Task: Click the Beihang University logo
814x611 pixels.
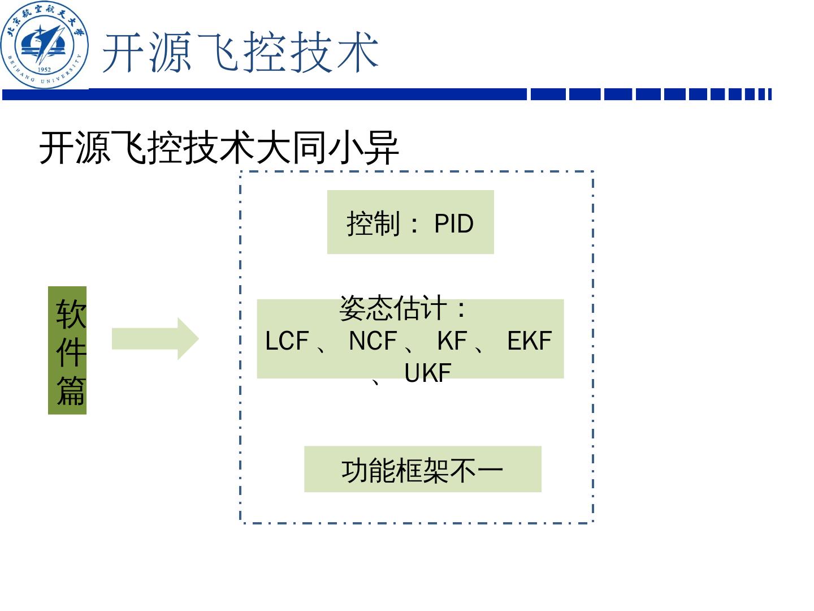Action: click(45, 45)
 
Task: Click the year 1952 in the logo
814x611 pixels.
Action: click(44, 70)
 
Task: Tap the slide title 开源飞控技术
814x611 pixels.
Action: click(240, 53)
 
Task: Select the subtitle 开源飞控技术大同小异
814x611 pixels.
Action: click(219, 148)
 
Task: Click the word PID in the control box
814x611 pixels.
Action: click(453, 223)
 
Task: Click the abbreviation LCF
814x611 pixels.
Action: click(287, 341)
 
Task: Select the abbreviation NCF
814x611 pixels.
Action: click(373, 341)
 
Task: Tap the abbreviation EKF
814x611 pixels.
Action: click(529, 341)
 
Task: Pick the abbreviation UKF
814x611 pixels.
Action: click(428, 373)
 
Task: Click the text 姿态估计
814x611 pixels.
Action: click(393, 309)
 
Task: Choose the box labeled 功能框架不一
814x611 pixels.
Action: click(422, 470)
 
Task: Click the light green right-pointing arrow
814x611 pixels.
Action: click(155, 339)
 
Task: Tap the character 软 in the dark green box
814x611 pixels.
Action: click(71, 314)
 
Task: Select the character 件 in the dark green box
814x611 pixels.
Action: click(71, 352)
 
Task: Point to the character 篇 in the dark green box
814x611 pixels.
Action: click(71, 390)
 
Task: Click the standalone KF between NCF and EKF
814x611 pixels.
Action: click(452, 341)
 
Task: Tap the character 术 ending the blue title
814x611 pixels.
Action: click(357, 53)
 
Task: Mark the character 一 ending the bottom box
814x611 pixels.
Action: click(490, 470)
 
